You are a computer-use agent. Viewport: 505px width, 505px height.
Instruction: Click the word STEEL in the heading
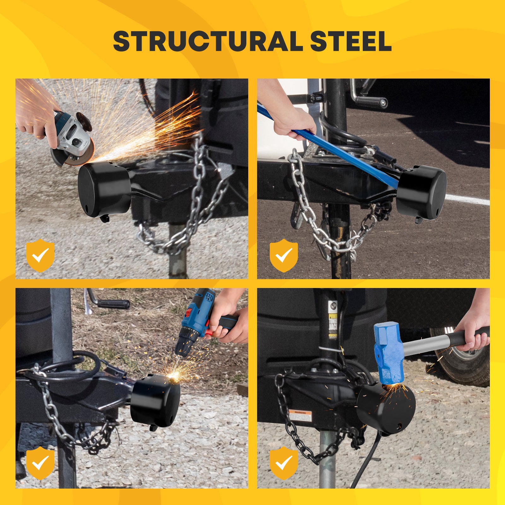coord(350,41)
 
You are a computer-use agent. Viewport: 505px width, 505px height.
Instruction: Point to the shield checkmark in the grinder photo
coord(40,255)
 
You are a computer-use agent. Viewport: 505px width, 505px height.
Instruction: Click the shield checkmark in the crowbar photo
coord(284,255)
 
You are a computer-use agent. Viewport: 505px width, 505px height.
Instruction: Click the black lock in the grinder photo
coord(104,189)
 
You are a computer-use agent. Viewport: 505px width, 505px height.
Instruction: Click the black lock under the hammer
coord(386,407)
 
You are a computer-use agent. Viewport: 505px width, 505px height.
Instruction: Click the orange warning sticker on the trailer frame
coord(300,413)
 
